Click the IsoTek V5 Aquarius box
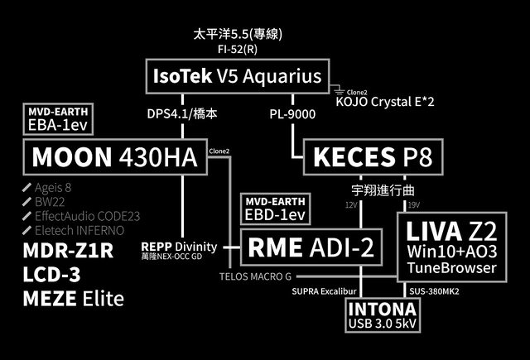tap(236, 77)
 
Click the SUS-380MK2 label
tap(436, 291)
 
